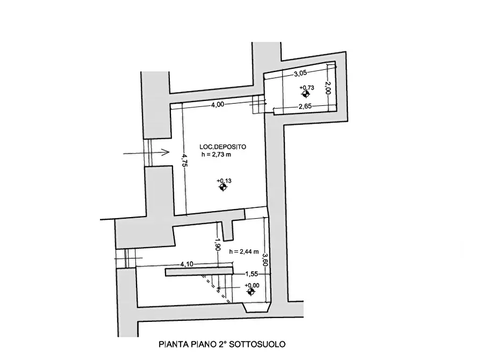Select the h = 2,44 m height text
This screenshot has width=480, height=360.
pos(244,251)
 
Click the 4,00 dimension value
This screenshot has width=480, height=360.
pos(217,105)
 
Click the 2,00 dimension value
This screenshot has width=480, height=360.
pos(328,88)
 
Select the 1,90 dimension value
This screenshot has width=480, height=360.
pos(218,246)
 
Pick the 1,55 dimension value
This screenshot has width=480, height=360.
pos(245,273)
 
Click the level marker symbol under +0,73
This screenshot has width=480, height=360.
pos(306,94)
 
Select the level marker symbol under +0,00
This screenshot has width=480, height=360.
pos(250,292)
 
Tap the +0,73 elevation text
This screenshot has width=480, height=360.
pos(307,88)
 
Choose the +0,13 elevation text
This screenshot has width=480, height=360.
pos(224,181)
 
